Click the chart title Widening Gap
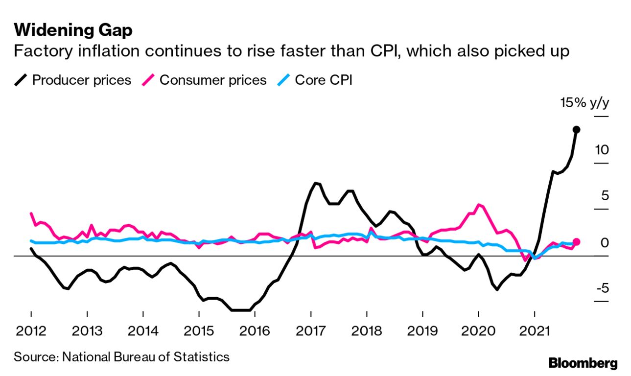[x=73, y=30]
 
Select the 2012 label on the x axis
[x=31, y=330]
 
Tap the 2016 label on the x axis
[x=255, y=330]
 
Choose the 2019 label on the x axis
[x=422, y=330]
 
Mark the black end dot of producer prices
[x=577, y=130]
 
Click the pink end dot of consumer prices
[x=577, y=242]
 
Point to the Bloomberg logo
[x=583, y=363]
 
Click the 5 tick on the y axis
[x=605, y=196]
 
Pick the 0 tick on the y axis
[x=605, y=242]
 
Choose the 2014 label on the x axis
[x=143, y=330]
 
